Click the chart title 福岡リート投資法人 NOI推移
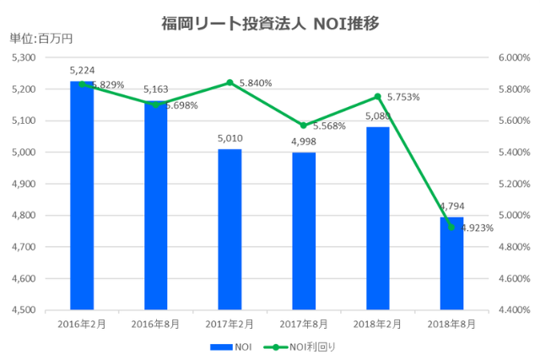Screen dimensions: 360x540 (270, 23)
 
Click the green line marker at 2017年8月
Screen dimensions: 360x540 (304, 126)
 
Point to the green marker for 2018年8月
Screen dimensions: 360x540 (451, 228)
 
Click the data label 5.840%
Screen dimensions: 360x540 (256, 83)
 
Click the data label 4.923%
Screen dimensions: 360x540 (475, 227)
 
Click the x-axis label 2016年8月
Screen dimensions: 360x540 (155, 324)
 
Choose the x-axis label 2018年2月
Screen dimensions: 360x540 (377, 324)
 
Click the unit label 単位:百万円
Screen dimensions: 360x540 (40, 38)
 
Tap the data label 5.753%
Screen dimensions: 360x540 (402, 97)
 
